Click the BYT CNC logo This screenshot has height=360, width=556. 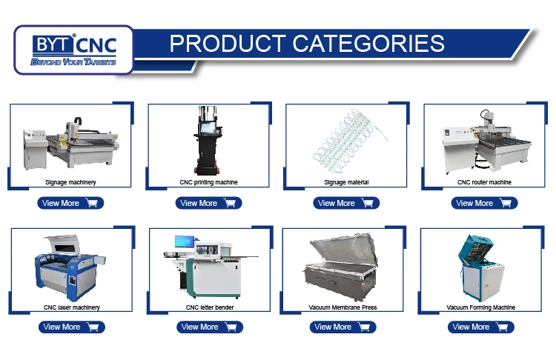[73, 50]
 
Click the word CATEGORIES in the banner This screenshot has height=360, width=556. [368, 43]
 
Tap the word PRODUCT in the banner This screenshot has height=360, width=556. [228, 43]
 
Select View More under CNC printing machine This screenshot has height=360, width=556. [208, 203]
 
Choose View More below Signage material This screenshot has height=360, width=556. [346, 203]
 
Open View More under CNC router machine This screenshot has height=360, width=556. [484, 203]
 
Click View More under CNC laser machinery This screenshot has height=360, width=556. [72, 327]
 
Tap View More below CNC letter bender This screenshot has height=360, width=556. [210, 327]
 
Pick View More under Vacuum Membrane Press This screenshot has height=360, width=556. [342, 327]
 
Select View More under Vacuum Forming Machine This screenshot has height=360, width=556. [481, 327]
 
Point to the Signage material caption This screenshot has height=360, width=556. [346, 182]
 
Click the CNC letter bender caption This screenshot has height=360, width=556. [210, 307]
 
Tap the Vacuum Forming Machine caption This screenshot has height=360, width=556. [481, 307]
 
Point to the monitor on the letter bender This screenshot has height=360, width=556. [185, 241]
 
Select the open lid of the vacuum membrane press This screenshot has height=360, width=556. [342, 250]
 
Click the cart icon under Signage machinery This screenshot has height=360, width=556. [92, 203]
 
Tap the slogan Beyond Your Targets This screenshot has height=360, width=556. [73, 62]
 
